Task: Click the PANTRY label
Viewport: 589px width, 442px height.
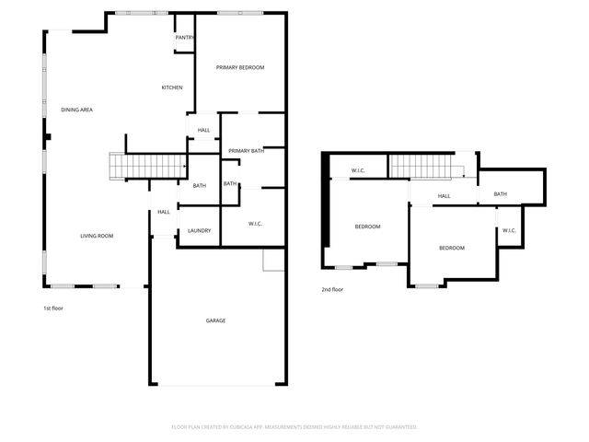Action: (x=185, y=38)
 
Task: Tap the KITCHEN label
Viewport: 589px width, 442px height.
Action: (x=172, y=87)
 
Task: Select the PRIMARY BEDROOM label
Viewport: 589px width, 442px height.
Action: (x=240, y=68)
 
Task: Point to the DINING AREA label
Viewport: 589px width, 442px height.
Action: (x=77, y=110)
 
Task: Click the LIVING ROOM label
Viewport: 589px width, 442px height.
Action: (x=97, y=237)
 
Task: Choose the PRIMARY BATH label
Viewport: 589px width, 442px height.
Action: (x=247, y=150)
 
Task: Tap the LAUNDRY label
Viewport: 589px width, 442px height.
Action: (x=200, y=230)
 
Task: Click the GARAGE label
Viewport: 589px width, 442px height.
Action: (x=215, y=320)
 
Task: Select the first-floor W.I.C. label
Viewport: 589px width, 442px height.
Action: (x=256, y=224)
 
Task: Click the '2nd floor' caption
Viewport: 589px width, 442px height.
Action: (x=332, y=290)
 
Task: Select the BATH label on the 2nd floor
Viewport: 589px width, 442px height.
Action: (x=500, y=193)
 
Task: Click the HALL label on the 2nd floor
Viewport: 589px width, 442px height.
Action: (x=444, y=196)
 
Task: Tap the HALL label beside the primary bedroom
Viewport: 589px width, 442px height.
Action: (x=203, y=130)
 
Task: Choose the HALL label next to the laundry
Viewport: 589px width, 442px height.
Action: (x=164, y=212)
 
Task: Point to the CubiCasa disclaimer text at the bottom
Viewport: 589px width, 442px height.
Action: (x=294, y=427)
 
